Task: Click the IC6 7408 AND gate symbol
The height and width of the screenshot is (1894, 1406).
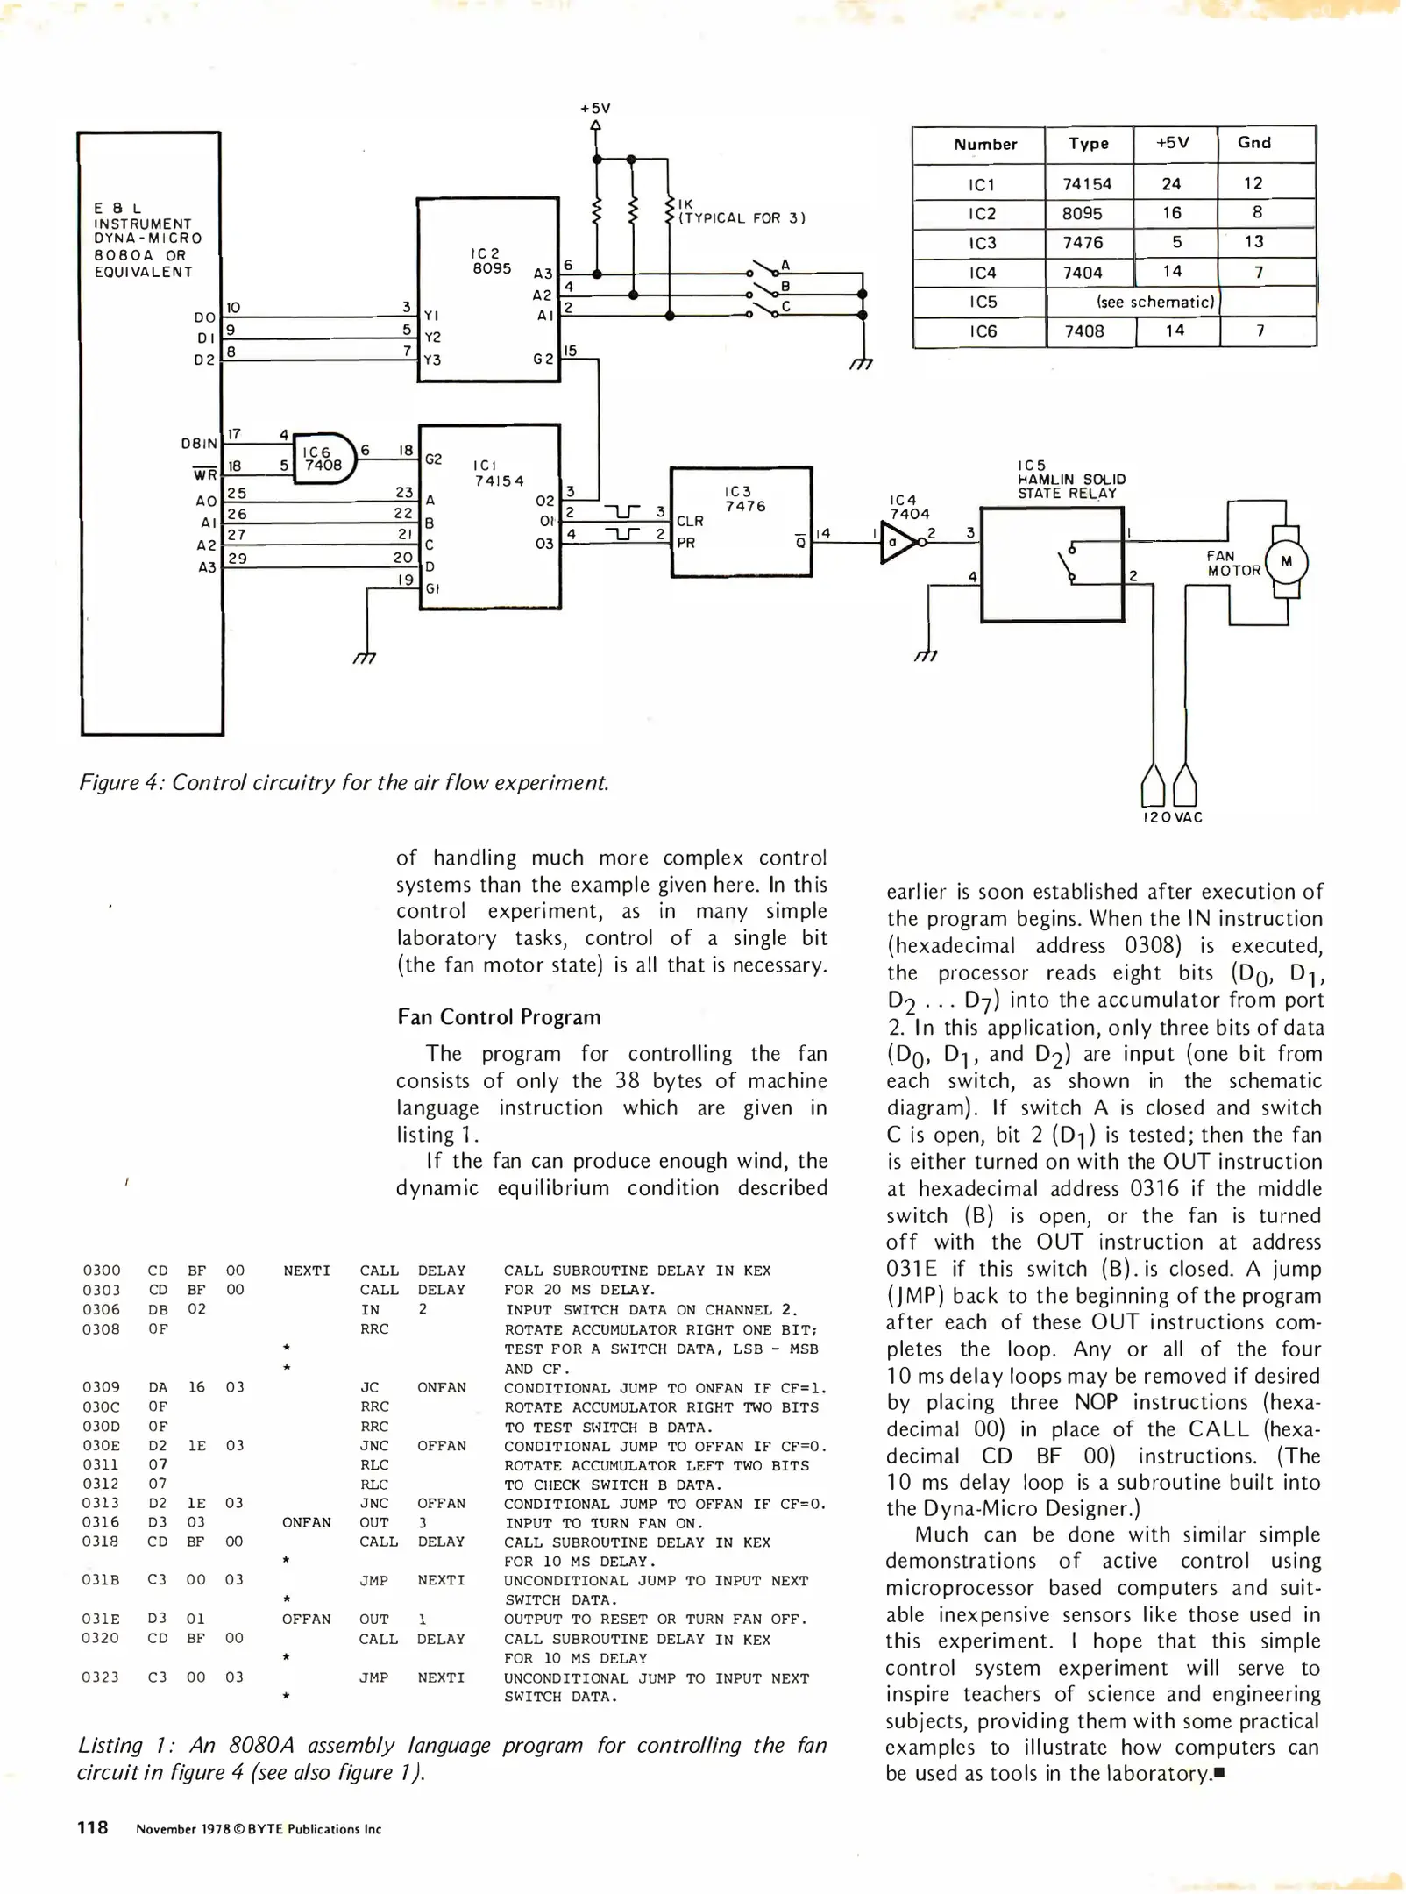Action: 323,459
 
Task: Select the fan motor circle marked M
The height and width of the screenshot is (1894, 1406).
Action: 1286,562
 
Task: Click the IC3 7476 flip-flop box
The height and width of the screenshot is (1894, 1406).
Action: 741,521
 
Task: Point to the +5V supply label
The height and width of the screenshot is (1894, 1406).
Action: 595,109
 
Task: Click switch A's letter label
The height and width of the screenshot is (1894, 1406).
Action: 785,265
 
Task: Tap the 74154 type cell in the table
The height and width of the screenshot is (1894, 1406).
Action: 1087,184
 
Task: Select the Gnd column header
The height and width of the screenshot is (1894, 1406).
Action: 1253,143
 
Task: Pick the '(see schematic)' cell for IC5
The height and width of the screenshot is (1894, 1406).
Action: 1155,302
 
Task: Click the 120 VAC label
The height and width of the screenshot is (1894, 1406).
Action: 1172,817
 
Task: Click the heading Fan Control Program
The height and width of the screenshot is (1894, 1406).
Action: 499,1017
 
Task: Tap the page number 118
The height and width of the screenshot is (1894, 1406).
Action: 93,1827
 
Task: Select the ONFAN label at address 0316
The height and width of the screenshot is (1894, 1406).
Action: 306,1522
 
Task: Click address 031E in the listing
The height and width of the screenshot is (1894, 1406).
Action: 100,1619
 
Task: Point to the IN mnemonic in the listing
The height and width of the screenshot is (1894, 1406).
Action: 371,1309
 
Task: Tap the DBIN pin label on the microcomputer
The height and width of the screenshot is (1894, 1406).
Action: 199,444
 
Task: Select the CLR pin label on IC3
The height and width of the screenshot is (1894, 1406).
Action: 690,521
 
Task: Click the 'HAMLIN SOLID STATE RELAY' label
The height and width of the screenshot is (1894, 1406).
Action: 1071,480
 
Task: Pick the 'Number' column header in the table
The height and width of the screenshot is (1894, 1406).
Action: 985,145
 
